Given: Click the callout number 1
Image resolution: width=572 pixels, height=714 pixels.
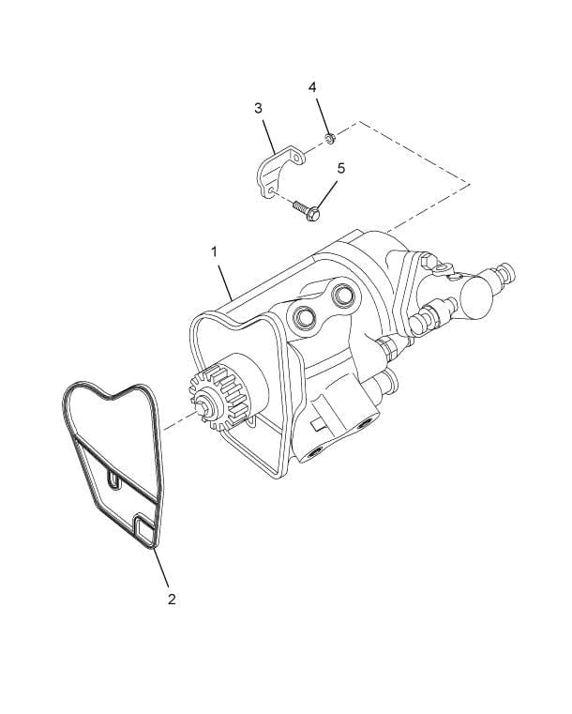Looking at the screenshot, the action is (215, 252).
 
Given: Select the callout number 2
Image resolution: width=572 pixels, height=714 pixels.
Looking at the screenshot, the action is (172, 599).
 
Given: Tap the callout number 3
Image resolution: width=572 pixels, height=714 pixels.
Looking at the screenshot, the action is (258, 108).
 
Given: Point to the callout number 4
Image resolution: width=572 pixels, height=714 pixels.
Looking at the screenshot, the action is (313, 86).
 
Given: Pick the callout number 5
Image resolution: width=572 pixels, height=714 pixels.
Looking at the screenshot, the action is (341, 168).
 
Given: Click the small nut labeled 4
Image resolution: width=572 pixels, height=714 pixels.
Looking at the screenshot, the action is (330, 139).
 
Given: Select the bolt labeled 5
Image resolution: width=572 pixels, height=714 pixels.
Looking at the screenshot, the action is (306, 209).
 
